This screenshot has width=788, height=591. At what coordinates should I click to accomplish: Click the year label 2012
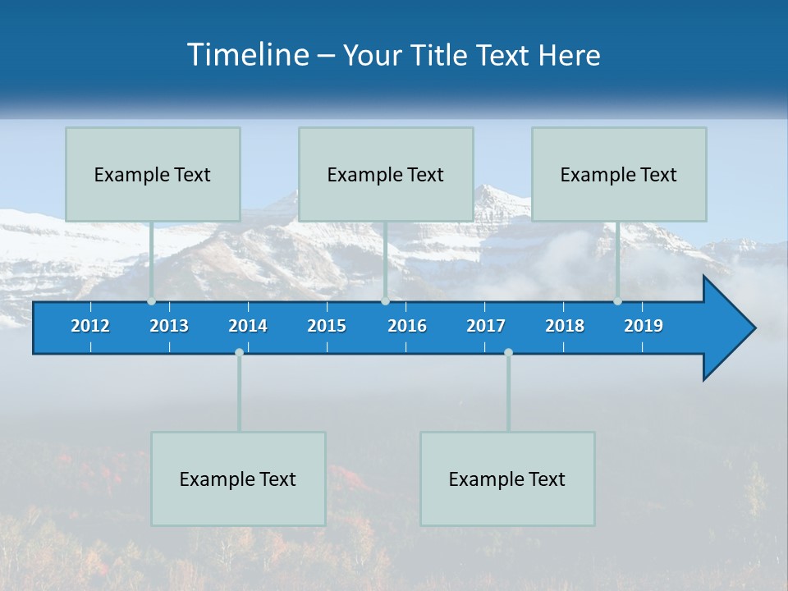tap(90, 326)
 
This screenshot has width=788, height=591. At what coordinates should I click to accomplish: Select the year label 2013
tap(169, 326)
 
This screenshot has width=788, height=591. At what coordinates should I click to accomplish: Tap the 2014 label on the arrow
tap(248, 326)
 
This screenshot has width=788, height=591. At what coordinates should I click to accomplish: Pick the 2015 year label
tap(327, 326)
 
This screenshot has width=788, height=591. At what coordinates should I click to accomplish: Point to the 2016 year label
tap(407, 326)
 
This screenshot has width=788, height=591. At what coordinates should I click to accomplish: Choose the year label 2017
tap(486, 326)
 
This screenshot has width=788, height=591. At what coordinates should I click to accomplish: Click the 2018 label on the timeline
tap(565, 326)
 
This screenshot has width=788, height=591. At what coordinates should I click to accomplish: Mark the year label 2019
tap(644, 326)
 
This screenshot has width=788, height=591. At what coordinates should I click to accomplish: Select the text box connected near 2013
tap(153, 175)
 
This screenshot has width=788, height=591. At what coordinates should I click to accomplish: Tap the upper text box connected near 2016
tap(386, 175)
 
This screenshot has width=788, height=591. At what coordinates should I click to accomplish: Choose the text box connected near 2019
tap(619, 175)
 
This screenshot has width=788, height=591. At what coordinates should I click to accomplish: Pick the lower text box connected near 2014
tap(238, 479)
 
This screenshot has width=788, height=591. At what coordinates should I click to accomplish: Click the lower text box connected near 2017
tap(507, 479)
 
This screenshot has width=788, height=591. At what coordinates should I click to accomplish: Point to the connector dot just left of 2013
tap(151, 301)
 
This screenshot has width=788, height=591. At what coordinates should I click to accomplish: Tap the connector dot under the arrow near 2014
tap(239, 352)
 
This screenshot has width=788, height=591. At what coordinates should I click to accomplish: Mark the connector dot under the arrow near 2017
tap(508, 352)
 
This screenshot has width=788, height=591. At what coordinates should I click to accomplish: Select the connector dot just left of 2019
tap(617, 301)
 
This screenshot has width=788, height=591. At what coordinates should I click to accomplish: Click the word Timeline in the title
tap(247, 54)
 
